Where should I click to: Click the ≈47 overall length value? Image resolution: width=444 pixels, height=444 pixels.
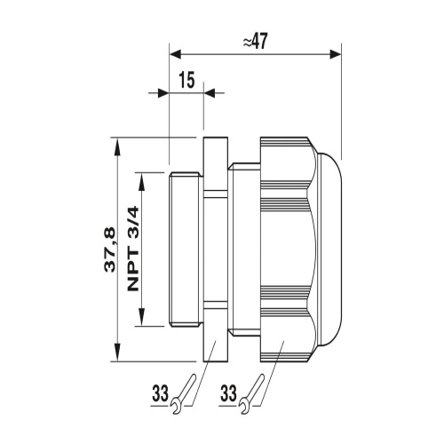point(254,42)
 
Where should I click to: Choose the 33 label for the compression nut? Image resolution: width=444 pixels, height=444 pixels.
point(228,391)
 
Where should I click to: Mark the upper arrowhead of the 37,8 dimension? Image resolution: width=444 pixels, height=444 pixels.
point(116,145)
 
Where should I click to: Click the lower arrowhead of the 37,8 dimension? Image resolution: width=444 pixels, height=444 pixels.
point(116,355)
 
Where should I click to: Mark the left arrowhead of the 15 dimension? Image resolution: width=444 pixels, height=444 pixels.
point(163,91)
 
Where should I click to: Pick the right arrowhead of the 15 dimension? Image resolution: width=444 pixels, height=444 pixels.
point(210,91)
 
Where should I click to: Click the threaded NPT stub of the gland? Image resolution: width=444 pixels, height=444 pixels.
point(186,250)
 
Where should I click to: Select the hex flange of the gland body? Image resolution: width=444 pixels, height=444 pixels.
point(216,250)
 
